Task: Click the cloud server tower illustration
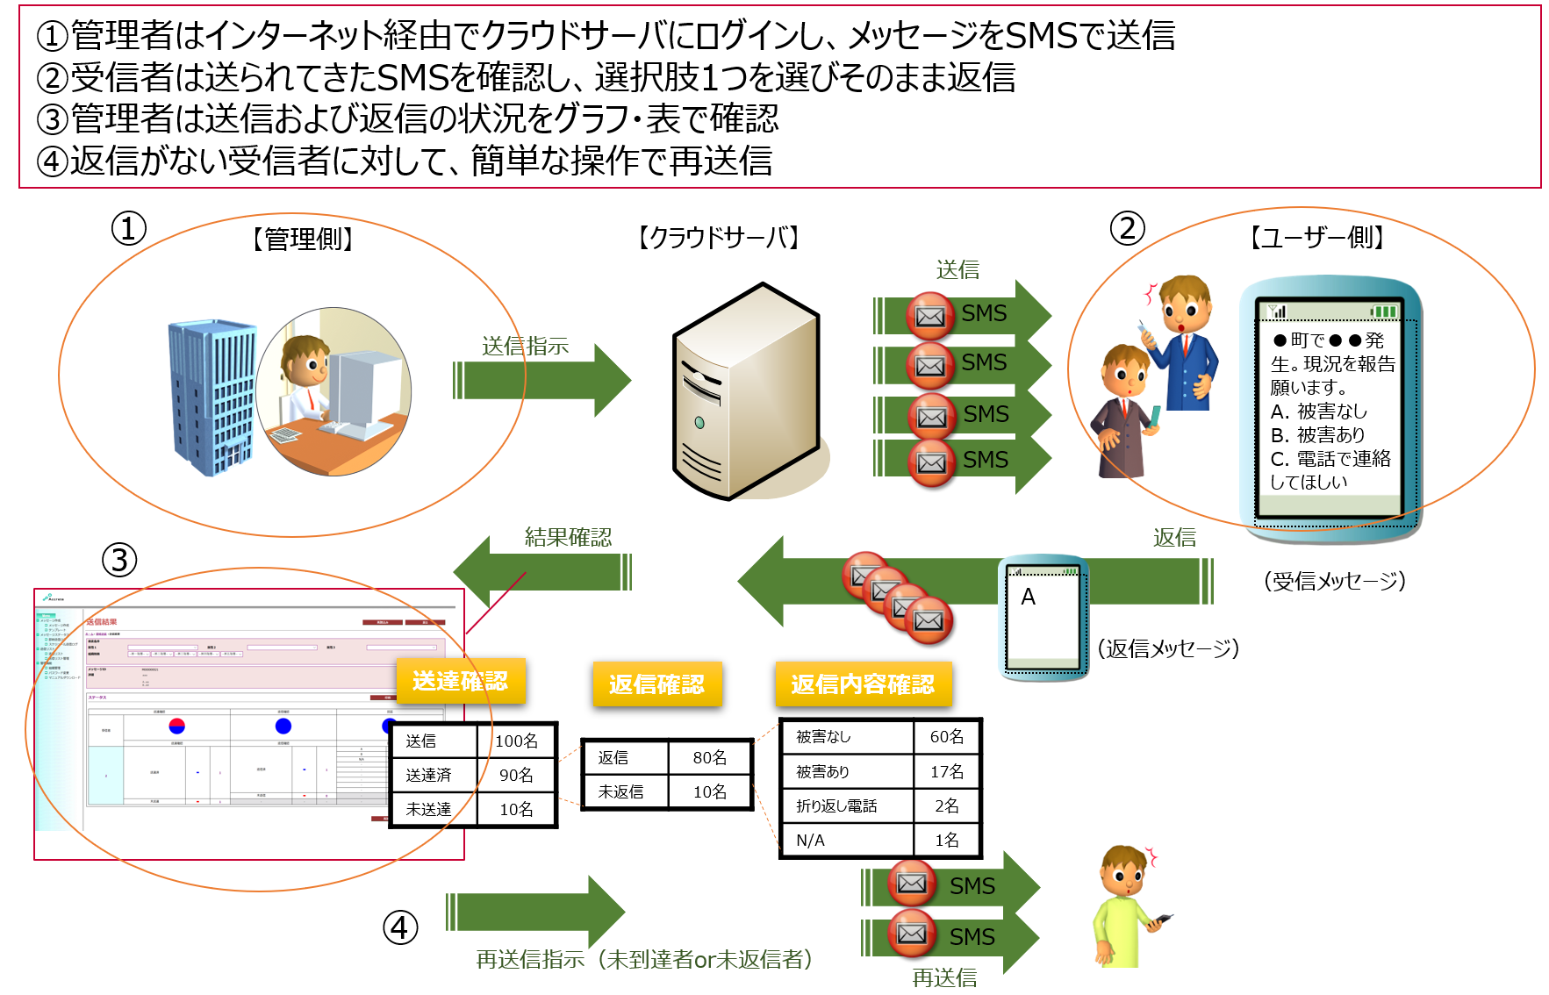746,392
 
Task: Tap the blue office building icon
213,397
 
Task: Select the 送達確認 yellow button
461,682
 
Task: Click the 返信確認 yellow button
656,684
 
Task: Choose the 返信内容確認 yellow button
863,684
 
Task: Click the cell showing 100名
516,741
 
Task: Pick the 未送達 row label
429,809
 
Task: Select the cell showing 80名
709,757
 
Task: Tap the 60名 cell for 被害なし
946,737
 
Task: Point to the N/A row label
811,841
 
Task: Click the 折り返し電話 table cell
836,806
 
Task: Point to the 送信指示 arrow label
525,347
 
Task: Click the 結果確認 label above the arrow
568,537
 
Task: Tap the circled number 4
400,927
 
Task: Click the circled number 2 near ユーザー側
1128,229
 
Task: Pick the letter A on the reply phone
1029,598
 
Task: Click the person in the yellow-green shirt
1124,908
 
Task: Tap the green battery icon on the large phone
1384,311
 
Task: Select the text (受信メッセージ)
1335,581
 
